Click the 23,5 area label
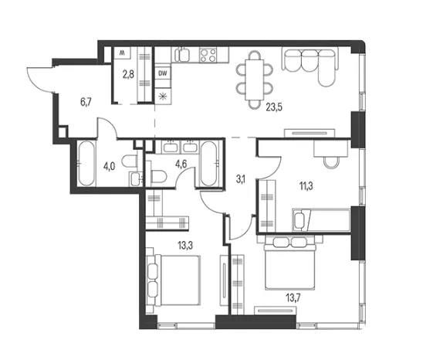(x=274, y=107)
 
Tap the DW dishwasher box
(x=163, y=73)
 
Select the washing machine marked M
(x=122, y=53)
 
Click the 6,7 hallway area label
(x=86, y=102)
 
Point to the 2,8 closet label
(x=128, y=74)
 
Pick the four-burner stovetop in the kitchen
(x=208, y=55)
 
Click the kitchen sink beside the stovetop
(x=182, y=55)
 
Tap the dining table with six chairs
(x=255, y=80)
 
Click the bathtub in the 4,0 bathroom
(x=86, y=163)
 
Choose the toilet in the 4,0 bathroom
(x=130, y=161)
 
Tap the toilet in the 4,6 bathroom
(x=159, y=176)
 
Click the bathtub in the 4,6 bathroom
(x=208, y=164)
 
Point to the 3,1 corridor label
(x=240, y=180)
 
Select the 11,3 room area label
(x=306, y=186)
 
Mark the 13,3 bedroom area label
(x=185, y=245)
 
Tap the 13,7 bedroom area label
(x=293, y=298)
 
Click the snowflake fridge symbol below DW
(x=163, y=97)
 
